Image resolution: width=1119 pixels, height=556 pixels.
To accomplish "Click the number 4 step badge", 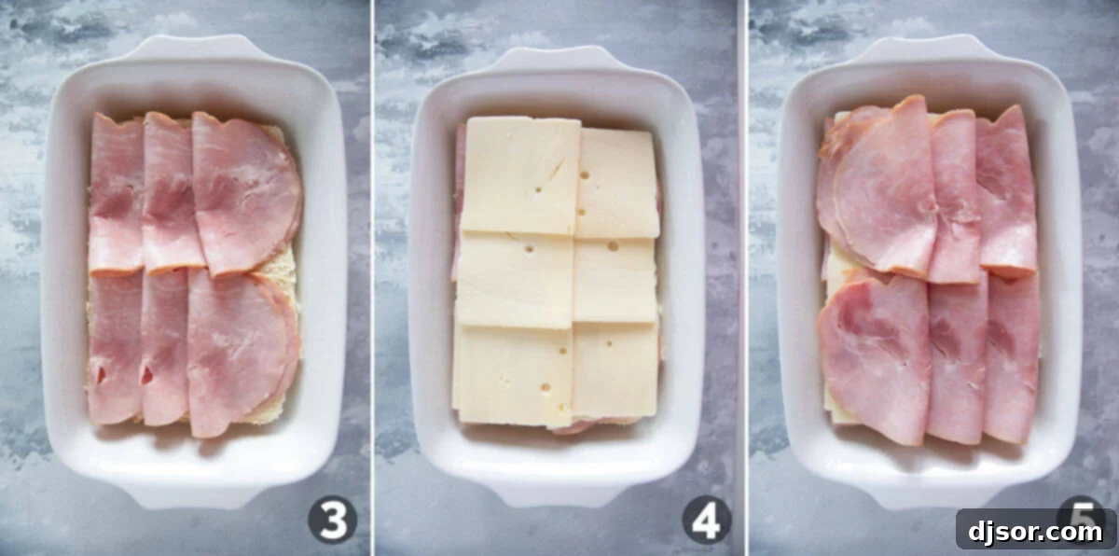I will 706,520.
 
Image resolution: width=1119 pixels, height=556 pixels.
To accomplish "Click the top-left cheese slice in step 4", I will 519,175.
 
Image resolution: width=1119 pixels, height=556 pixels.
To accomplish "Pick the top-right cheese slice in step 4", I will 618,182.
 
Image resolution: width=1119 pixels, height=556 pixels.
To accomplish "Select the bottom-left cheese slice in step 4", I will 513,373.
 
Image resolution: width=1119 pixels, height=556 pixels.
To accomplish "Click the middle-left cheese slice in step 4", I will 515,280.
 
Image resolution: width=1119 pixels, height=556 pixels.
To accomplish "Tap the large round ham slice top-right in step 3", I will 247,191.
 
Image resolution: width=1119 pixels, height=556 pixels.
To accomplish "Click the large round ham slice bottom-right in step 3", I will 241,350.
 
